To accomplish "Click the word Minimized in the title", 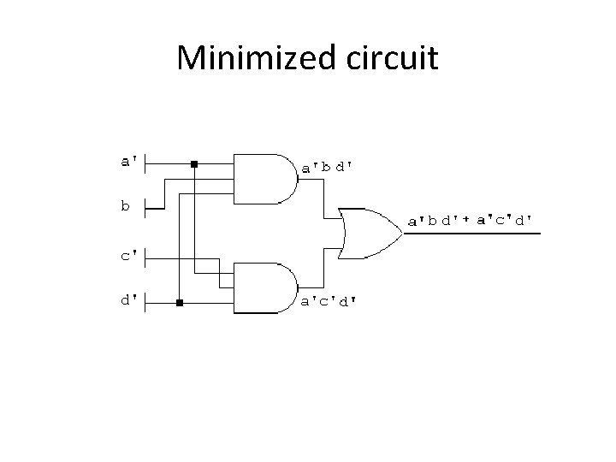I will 243,58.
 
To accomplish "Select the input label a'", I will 130,160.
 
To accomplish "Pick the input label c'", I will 130,254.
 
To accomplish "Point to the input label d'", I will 130,301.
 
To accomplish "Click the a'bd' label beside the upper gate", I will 327,168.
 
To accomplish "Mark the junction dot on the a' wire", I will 195,163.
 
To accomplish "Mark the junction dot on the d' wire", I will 179,303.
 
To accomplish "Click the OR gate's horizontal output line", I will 471,233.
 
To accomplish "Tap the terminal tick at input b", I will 145,205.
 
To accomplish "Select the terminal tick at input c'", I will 145,255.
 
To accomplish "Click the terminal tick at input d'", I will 145,302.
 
